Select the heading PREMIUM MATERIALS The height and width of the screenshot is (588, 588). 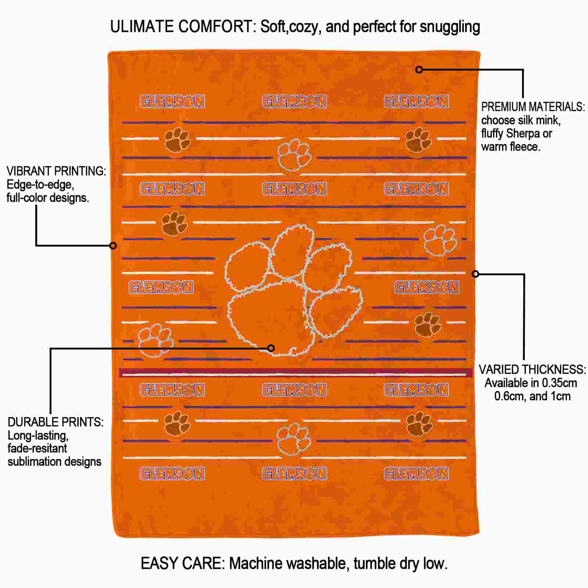point(533,107)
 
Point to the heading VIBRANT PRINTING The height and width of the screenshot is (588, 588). point(56,171)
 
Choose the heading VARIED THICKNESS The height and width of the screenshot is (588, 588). point(532,370)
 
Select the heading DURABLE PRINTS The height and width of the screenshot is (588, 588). point(55,422)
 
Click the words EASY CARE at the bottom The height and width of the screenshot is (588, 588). point(183,563)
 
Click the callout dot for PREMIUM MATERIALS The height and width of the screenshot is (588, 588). point(419,69)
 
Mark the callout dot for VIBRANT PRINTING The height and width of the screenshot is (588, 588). point(113,245)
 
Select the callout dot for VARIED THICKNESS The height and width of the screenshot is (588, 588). point(475,274)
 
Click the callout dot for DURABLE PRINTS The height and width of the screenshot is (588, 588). point(271,348)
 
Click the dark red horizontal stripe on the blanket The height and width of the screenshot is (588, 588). point(294,373)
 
